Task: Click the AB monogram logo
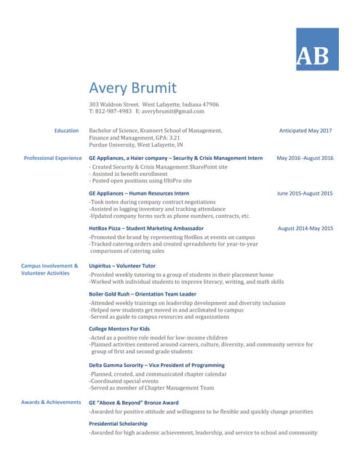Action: [317, 49]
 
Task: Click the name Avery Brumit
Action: [132, 89]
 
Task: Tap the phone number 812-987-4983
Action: [113, 111]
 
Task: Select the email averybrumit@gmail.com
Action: [174, 111]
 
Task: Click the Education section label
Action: [67, 131]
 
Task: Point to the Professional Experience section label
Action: [53, 158]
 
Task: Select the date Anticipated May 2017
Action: [305, 131]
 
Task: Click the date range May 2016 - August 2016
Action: [305, 158]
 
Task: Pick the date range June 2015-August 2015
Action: [305, 193]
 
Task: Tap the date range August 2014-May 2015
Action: [305, 228]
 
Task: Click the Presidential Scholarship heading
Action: [118, 423]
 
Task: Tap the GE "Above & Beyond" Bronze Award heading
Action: [133, 402]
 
